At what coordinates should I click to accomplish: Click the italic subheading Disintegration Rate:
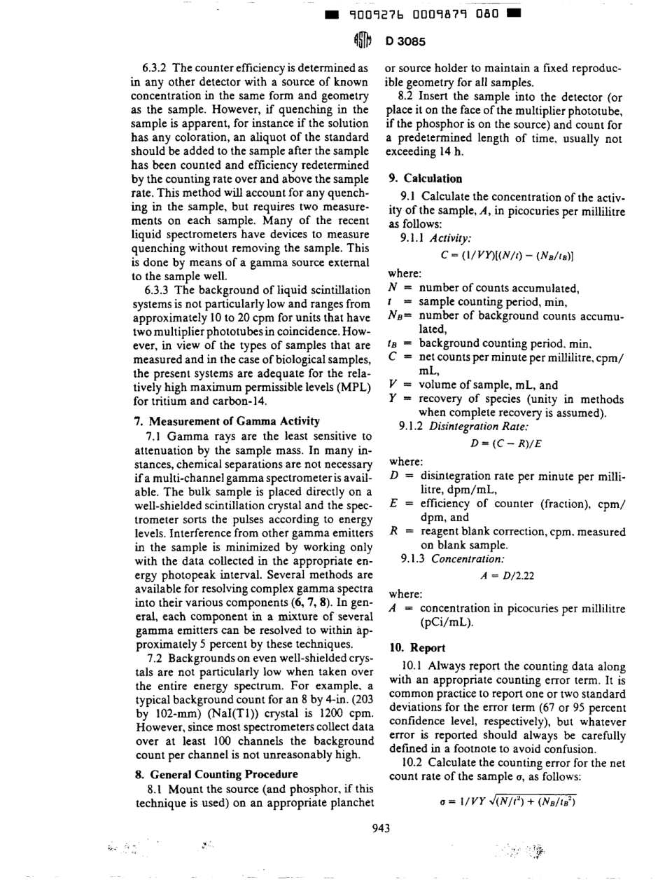pyautogui.click(x=461, y=427)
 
